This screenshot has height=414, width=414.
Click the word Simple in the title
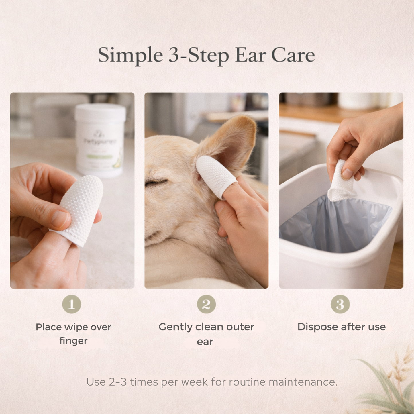[130, 55]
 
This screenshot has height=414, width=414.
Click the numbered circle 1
[72, 304]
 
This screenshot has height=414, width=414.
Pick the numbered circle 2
[206, 304]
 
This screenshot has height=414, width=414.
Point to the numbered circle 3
[340, 304]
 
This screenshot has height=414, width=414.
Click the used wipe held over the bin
[340, 183]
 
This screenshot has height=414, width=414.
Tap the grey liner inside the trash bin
[335, 226]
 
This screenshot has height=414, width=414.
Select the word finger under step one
[73, 341]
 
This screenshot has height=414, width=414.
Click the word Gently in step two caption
[175, 327]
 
